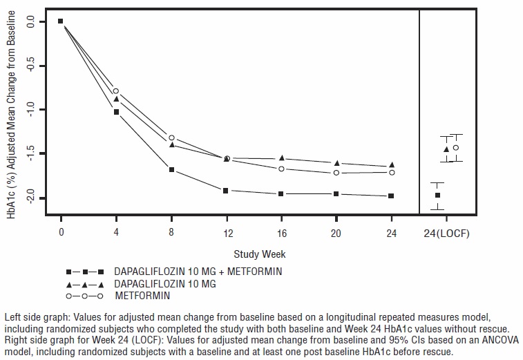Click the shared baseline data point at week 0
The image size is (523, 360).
click(61, 21)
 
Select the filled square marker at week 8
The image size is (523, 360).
click(171, 169)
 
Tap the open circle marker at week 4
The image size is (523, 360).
click(116, 91)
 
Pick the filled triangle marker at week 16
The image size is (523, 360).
click(281, 158)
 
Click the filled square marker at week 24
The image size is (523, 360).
click(392, 196)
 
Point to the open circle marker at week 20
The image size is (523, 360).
click(336, 173)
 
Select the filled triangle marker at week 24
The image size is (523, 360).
click(392, 164)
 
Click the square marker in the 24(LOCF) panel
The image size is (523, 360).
click(437, 196)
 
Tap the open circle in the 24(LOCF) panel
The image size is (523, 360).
click(455, 148)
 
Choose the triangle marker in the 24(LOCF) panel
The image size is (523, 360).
click(446, 149)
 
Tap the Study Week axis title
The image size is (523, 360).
click(259, 254)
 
